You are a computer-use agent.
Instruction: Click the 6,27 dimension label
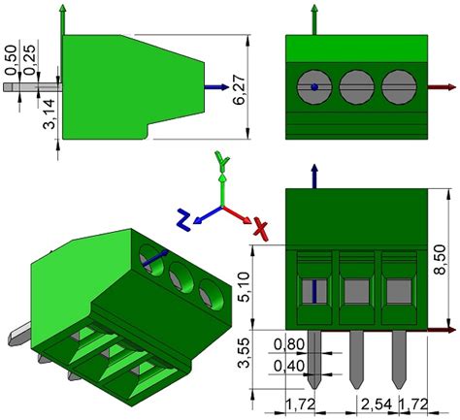point(240,87)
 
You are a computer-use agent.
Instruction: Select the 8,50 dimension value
point(440,259)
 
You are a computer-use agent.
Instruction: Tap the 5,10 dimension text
point(244,287)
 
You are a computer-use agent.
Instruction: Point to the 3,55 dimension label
point(244,353)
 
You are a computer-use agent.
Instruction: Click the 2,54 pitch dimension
point(377,404)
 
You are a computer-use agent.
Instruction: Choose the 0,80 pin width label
point(289,344)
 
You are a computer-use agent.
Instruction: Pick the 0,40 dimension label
point(289,367)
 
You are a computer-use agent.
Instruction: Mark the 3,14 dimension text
point(49,113)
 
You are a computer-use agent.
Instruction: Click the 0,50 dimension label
point(11,60)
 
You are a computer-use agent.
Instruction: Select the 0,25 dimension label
point(29,60)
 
